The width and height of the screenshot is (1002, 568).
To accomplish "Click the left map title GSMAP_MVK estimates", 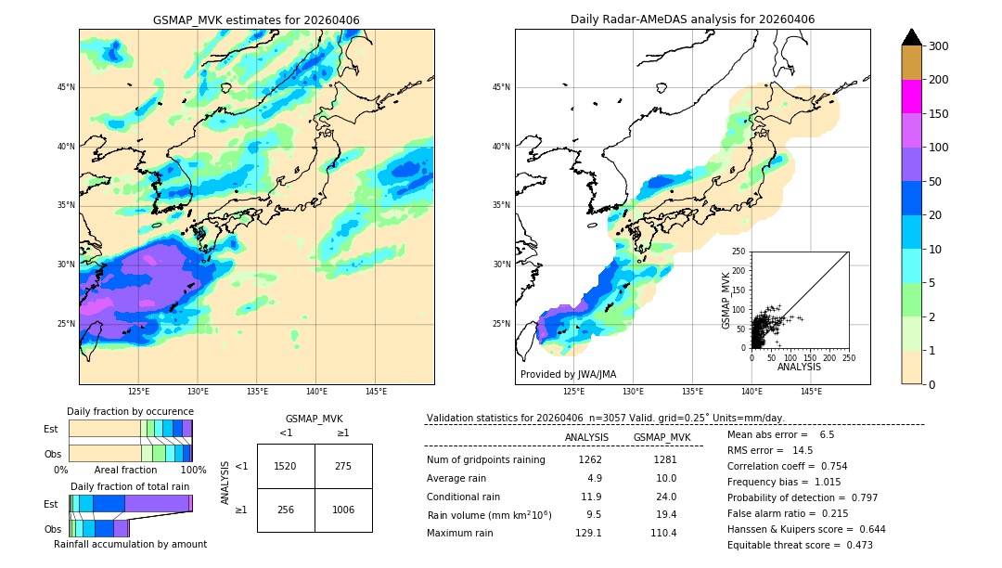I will click(x=256, y=20).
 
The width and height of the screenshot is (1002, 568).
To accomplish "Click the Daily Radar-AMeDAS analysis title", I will click(x=692, y=19).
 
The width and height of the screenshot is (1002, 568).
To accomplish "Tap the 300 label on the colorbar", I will click(x=939, y=46).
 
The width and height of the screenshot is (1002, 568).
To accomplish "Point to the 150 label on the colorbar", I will click(x=939, y=114).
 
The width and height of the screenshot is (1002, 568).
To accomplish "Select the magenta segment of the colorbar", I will click(x=911, y=97).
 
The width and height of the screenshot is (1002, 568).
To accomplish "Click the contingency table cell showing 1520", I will click(x=286, y=466).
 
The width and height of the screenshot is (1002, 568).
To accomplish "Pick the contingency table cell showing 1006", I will click(x=343, y=510).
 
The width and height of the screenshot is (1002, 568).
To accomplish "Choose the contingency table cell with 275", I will click(x=343, y=466).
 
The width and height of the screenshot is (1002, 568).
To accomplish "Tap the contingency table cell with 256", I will click(x=286, y=510).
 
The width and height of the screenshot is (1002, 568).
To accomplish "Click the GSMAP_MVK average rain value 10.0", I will click(x=666, y=478).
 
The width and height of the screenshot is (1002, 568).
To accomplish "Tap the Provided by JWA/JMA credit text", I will click(x=568, y=374).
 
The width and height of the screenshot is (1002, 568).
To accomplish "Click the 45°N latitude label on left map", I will click(x=65, y=87).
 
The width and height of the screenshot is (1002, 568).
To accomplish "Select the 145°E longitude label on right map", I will click(x=811, y=392).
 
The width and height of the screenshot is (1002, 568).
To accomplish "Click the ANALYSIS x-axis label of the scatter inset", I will click(x=799, y=368).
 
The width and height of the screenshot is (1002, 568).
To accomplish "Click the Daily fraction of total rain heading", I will click(x=130, y=486).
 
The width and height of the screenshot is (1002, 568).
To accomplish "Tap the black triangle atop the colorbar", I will click(x=911, y=37).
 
